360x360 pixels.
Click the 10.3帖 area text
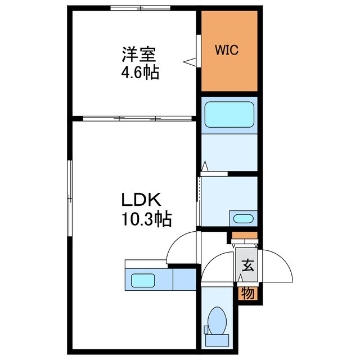(x=144, y=218)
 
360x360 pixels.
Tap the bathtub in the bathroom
(x=229, y=115)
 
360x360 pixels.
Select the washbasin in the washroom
(x=242, y=218)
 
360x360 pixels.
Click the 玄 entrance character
(x=247, y=266)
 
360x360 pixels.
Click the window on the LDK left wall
(x=70, y=199)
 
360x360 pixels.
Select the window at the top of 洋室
(x=140, y=8)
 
